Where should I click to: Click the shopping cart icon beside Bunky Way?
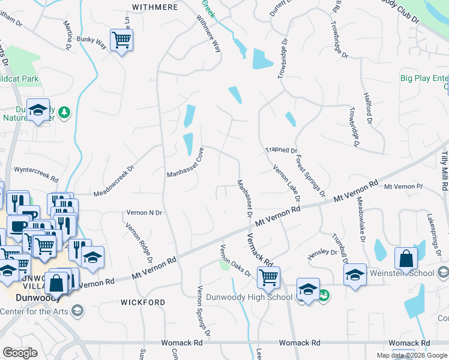point(122,40)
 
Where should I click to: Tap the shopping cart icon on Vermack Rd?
point(268,277)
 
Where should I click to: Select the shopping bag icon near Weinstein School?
point(406,259)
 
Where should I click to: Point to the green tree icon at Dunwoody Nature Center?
point(65,112)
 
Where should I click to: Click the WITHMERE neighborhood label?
point(154,7)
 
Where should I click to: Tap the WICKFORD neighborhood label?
point(143,302)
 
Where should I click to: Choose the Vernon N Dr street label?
point(144,213)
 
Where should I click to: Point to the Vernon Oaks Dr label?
point(235,260)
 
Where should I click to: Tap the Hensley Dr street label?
point(322,253)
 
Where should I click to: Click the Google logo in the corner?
point(20,353)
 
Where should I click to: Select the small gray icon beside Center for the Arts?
point(77,310)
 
